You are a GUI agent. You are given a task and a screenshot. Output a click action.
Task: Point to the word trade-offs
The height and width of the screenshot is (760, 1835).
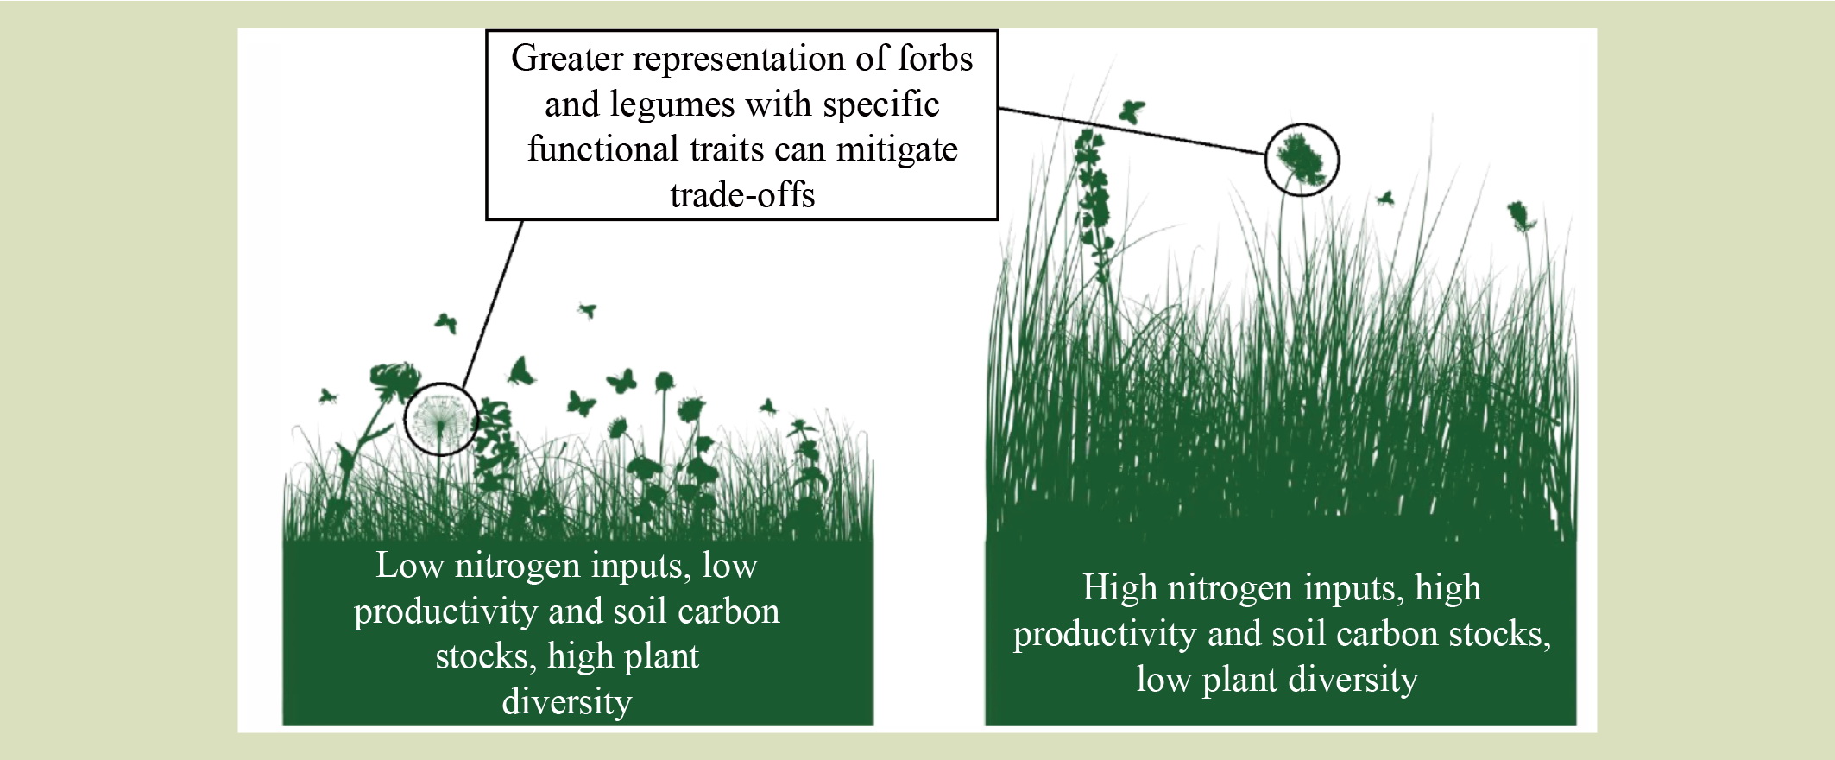742,195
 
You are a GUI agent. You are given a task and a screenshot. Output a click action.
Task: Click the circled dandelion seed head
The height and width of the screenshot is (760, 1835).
440,419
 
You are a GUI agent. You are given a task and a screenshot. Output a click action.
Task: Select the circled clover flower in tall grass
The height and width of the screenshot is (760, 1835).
1302,159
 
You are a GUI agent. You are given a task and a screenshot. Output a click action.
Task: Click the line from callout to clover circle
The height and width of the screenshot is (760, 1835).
1132,131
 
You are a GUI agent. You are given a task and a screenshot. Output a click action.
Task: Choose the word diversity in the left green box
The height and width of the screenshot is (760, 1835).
567,701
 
